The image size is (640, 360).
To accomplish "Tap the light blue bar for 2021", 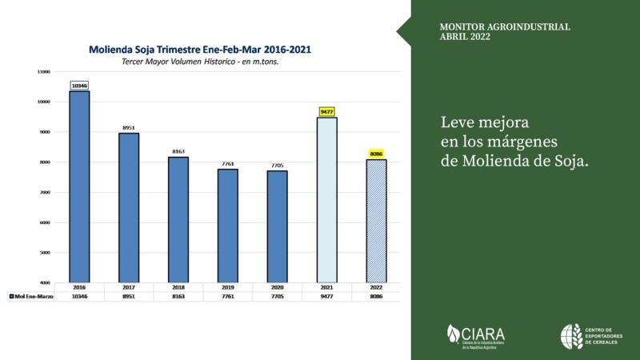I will click(326, 199).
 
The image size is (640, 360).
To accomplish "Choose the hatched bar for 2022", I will click(377, 220).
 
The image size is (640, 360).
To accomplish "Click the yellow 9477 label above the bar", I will click(326, 112).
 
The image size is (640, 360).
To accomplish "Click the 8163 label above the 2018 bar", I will click(178, 150).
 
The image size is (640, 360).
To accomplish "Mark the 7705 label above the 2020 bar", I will click(278, 165).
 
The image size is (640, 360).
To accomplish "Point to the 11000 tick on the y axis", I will click(43, 72).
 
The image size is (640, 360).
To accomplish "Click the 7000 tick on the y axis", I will click(45, 192).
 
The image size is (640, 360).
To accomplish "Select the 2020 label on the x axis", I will click(278, 286).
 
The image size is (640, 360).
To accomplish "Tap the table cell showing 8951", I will click(130, 296).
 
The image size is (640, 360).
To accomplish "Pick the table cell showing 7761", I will click(227, 296).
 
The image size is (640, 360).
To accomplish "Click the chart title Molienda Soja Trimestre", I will click(201, 49).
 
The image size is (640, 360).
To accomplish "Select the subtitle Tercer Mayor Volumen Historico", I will click(201, 62).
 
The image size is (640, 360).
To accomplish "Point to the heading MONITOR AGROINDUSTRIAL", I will click(505, 27).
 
